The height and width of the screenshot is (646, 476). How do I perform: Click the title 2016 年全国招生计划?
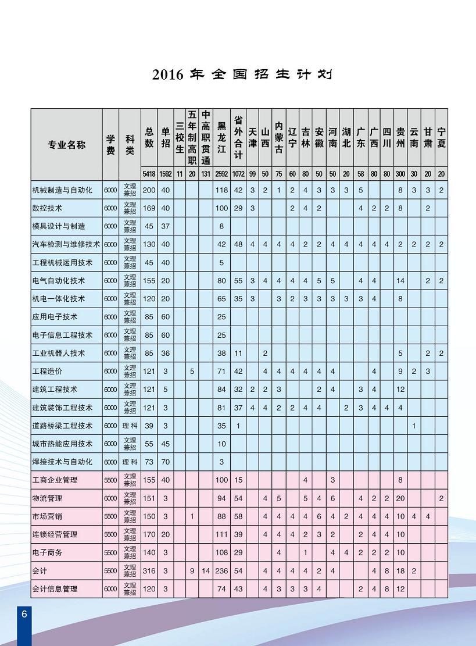click(242, 74)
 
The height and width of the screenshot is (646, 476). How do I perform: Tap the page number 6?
click(24, 615)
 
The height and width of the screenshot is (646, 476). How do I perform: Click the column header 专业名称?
click(66, 145)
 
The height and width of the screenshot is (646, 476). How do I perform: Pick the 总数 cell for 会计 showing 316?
click(149, 571)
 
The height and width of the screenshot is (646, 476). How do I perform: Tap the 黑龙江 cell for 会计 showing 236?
click(221, 571)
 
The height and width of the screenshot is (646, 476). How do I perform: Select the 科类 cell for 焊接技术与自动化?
click(130, 462)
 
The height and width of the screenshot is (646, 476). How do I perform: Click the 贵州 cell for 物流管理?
click(400, 498)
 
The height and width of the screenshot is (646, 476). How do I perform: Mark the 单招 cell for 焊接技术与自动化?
click(165, 462)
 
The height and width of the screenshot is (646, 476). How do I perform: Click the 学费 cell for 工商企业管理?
click(110, 480)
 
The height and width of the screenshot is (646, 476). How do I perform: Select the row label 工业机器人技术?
click(59, 353)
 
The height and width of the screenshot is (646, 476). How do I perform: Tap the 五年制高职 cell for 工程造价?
click(192, 371)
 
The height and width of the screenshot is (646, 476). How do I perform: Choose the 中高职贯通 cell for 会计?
click(206, 571)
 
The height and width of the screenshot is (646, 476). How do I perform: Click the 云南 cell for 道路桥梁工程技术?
click(414, 426)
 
